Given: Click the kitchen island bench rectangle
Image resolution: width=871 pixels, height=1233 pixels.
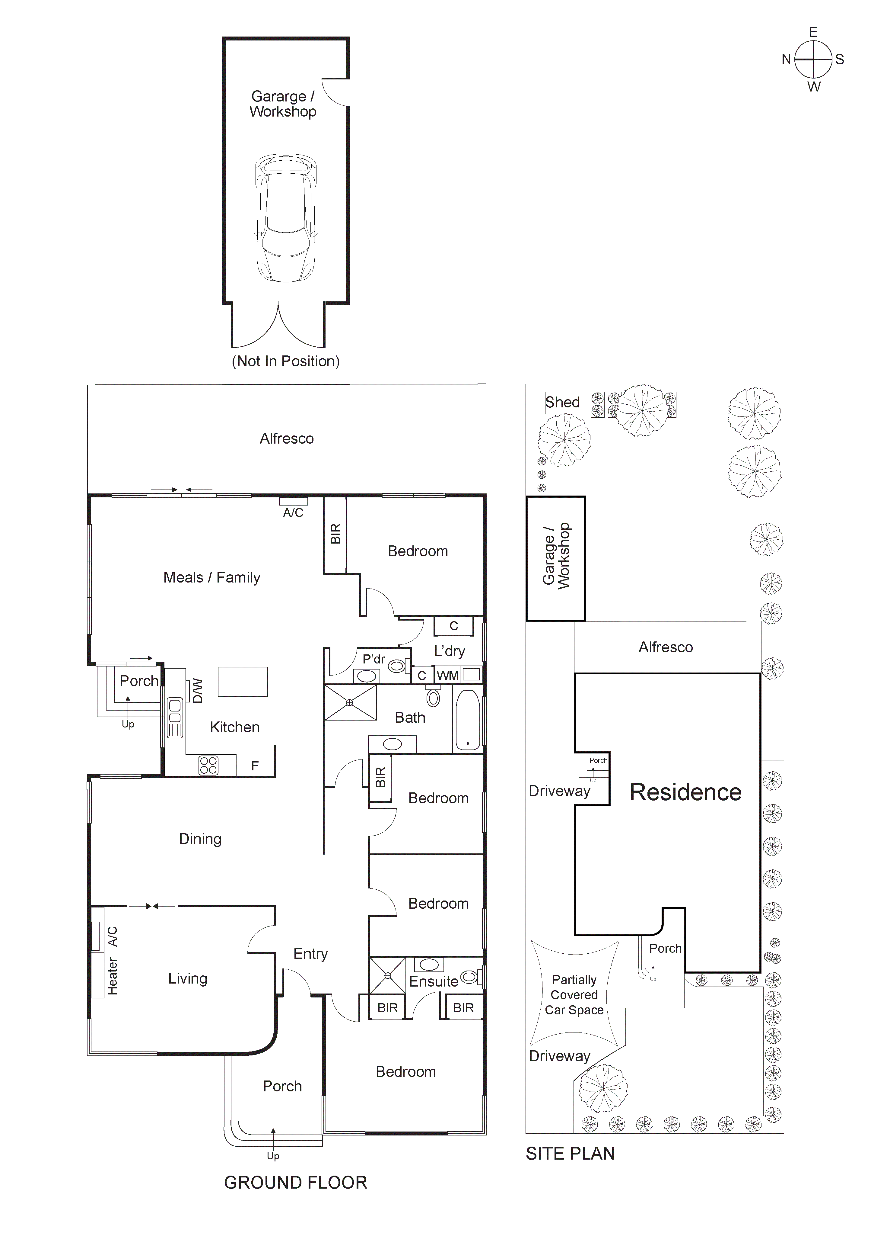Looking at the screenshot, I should [243, 682].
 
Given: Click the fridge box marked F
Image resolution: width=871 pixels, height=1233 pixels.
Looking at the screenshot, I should [256, 766].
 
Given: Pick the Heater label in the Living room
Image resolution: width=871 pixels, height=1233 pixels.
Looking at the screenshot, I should [112, 976].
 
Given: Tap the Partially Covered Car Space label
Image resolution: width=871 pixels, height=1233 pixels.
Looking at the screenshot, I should [574, 995].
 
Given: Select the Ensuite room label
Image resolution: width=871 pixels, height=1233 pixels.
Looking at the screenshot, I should [434, 982].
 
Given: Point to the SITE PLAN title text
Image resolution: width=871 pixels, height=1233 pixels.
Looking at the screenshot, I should [570, 1154].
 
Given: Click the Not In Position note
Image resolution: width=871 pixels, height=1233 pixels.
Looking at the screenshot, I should [285, 361].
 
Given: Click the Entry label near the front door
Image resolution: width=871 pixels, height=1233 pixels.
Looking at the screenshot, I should [310, 954].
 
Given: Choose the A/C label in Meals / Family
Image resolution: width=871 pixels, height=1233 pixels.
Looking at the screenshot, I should [293, 513].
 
